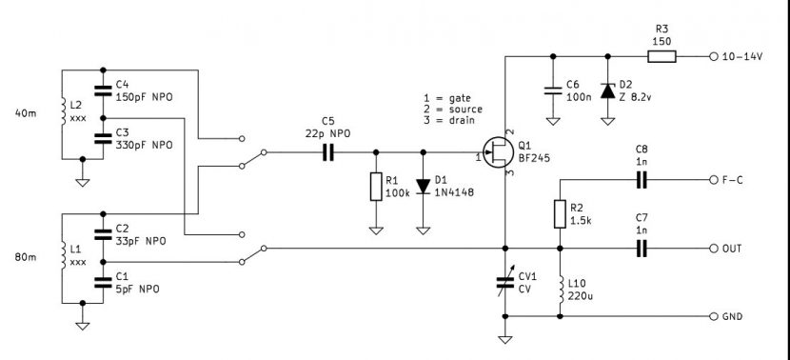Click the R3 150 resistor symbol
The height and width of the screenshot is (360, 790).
[x=662, y=57]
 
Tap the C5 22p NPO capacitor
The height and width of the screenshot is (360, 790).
[x=327, y=152]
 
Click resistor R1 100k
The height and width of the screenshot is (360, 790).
[x=376, y=187]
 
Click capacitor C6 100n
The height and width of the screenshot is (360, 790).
[x=552, y=91]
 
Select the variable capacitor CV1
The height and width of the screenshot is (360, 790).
[x=504, y=282]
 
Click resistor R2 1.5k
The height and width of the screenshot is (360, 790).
[x=559, y=213]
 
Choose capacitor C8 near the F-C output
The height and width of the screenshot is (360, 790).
[x=641, y=179]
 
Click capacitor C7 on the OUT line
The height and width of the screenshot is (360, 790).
[x=641, y=249]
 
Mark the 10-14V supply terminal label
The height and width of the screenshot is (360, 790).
[x=742, y=57]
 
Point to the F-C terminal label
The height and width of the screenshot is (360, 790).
[x=735, y=179]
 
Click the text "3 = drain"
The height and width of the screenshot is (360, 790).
[x=455, y=121]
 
